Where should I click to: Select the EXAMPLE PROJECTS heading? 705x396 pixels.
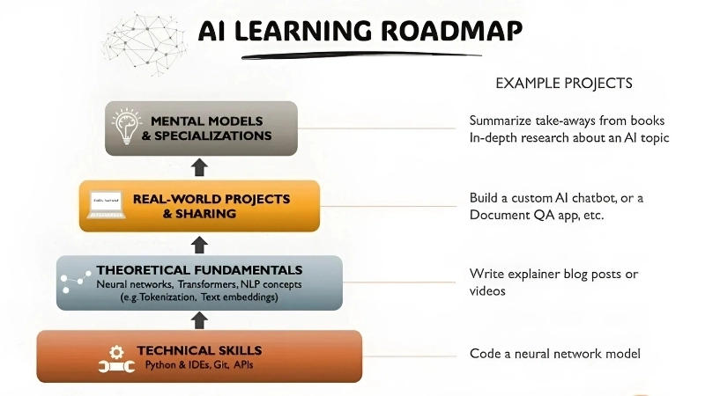click(x=564, y=84)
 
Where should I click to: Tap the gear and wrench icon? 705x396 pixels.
click(x=115, y=356)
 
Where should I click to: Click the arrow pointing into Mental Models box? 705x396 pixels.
click(x=200, y=167)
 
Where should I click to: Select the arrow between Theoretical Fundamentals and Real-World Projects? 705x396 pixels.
click(x=200, y=243)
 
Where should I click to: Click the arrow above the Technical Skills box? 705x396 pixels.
click(x=200, y=319)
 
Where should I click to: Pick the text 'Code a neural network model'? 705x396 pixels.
click(x=554, y=354)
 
